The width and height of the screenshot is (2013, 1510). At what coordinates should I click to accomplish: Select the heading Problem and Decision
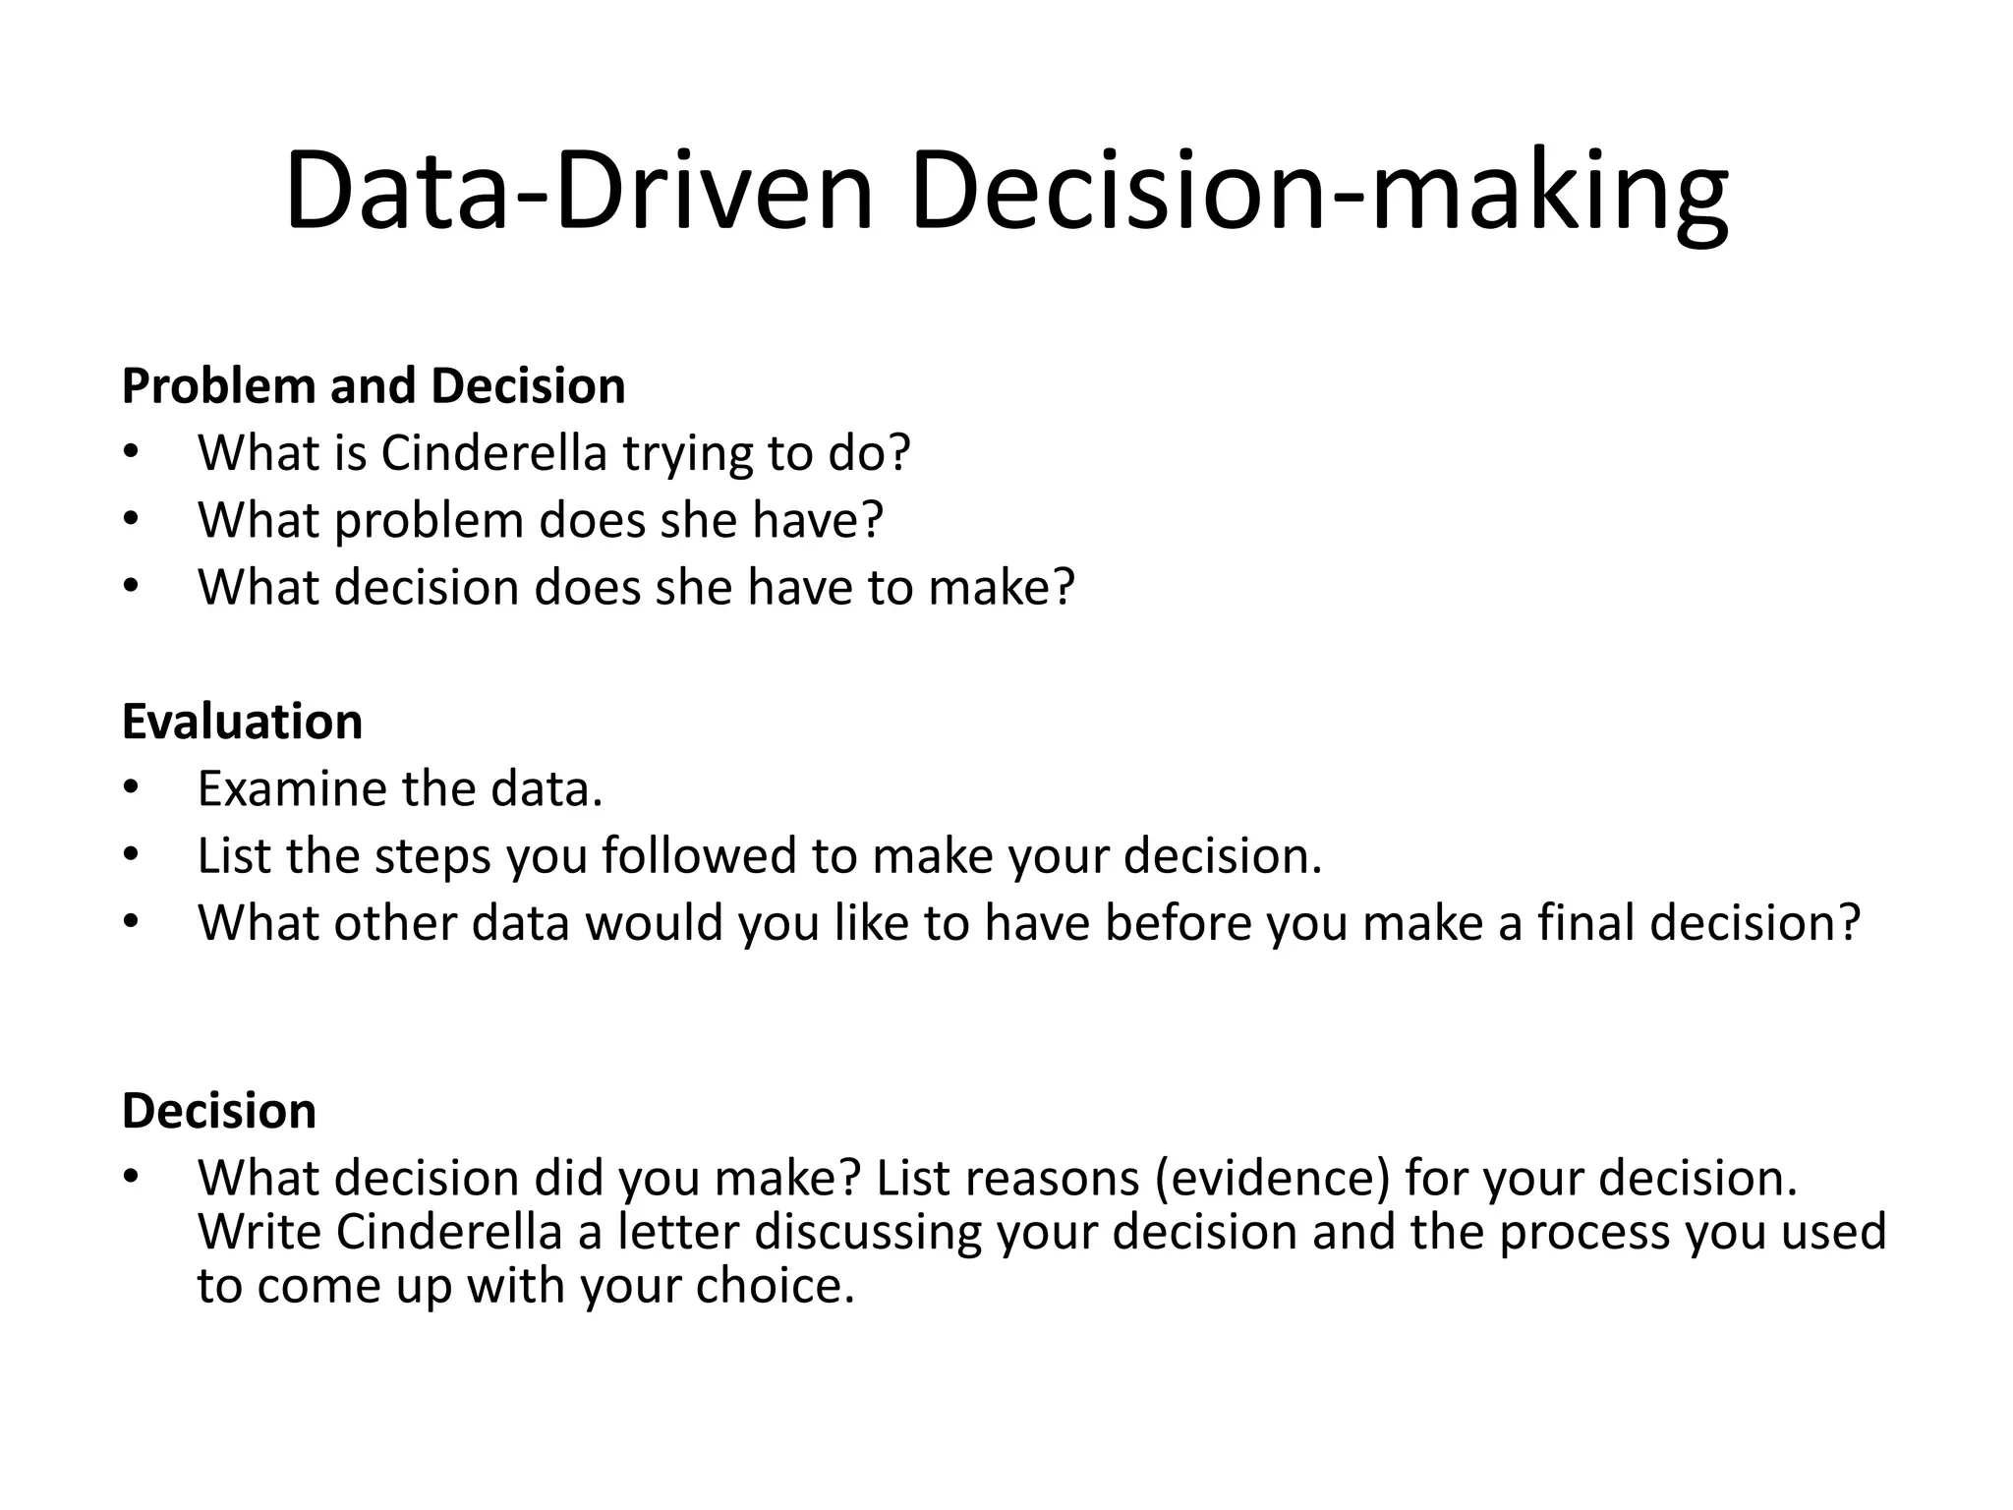point(374,385)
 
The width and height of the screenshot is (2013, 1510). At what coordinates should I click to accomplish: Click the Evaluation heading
point(242,722)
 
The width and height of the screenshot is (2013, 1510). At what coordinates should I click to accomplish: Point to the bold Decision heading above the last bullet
point(219,1111)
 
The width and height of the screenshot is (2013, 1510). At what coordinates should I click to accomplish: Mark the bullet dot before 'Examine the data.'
point(132,788)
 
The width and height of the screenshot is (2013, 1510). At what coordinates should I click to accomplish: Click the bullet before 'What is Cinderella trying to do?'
point(132,453)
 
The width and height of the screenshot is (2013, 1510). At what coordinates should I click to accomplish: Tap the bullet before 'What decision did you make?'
point(132,1178)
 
